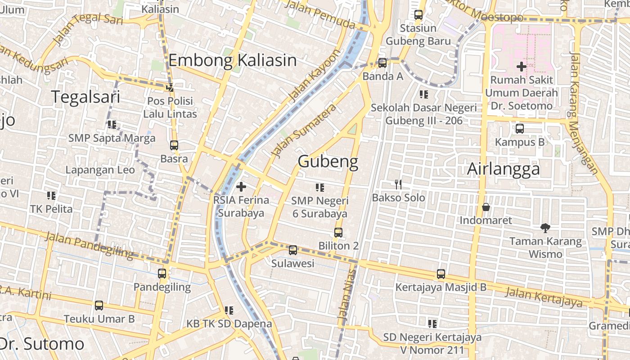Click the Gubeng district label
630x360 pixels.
(x=328, y=162)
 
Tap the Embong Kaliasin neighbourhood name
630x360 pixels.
(x=232, y=60)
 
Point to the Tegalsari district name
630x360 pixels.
(x=85, y=97)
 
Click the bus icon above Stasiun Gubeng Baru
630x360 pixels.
(x=418, y=15)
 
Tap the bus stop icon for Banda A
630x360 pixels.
(x=382, y=63)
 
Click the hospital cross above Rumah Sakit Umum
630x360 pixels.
(x=521, y=67)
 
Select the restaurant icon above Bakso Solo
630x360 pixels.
(x=398, y=184)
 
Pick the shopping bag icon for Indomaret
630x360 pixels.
(x=486, y=207)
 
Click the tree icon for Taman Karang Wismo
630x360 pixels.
(x=545, y=228)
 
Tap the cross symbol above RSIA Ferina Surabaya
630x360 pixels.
(x=241, y=186)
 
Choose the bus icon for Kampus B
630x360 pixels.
(x=520, y=129)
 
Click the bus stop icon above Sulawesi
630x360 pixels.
(x=293, y=250)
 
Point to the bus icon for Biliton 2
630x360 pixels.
(x=338, y=233)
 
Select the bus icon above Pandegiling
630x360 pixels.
(x=162, y=273)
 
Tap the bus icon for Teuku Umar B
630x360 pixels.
(x=99, y=306)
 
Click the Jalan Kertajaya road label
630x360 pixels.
(x=544, y=297)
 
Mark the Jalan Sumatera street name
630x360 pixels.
(x=305, y=130)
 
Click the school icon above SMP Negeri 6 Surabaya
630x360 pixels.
(x=320, y=187)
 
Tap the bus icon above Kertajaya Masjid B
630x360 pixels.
(x=441, y=274)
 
